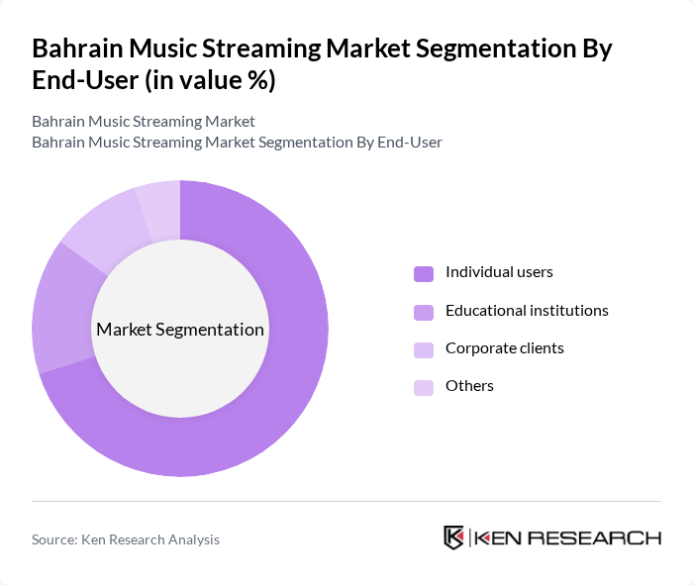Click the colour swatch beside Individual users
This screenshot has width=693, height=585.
[x=424, y=273]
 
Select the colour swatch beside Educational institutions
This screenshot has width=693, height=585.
[x=424, y=312]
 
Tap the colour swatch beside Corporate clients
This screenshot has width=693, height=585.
[x=424, y=349]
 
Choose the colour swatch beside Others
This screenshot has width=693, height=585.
[x=424, y=387]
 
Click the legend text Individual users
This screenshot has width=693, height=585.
[x=499, y=272]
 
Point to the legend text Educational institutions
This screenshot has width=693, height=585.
[x=527, y=311]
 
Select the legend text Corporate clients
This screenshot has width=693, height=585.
[x=505, y=348]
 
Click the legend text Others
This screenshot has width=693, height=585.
[x=469, y=386]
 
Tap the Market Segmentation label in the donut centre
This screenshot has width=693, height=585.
[x=180, y=330]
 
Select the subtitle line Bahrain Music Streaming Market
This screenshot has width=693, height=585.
[x=144, y=122]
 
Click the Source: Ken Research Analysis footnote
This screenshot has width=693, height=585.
[x=126, y=539]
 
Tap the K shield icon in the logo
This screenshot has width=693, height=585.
[x=453, y=537]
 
